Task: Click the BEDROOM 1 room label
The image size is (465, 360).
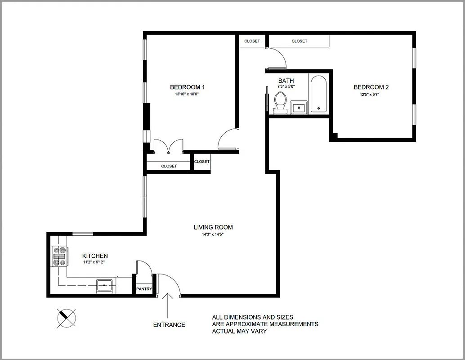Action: click(x=188, y=87)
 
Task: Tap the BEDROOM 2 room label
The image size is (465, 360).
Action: click(x=371, y=87)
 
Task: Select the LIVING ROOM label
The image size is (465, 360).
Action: click(x=213, y=227)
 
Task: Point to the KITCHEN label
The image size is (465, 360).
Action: click(x=95, y=256)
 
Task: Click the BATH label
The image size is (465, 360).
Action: click(x=286, y=81)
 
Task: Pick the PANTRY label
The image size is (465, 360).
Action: click(x=144, y=289)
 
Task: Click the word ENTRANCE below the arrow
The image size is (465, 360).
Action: click(x=169, y=325)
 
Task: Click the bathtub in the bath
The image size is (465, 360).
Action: click(x=318, y=94)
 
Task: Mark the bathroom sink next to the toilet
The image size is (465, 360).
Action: click(x=299, y=107)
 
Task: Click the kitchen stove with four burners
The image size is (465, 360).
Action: click(x=60, y=256)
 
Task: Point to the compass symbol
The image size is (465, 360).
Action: click(x=67, y=318)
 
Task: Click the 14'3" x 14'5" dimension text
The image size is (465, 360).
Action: click(x=213, y=235)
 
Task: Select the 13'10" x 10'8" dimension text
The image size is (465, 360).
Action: click(x=187, y=94)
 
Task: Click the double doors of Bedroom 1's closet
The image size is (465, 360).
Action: click(x=168, y=146)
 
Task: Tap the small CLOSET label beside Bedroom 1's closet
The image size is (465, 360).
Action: click(x=202, y=162)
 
